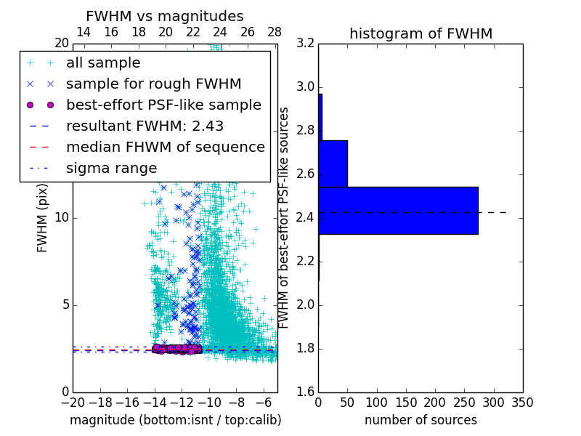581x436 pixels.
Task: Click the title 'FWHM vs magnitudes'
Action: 165,16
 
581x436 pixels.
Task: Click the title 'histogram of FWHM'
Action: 420,33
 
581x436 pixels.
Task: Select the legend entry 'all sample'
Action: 103,63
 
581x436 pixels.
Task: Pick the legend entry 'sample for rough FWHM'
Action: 153,84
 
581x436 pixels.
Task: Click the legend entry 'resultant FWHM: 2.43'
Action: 145,126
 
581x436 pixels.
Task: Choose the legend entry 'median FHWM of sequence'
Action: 165,147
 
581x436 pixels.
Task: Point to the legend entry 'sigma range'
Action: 111,168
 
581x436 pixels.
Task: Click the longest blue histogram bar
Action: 398,211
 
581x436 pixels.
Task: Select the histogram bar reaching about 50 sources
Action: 333,163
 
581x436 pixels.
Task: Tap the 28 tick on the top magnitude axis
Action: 275,32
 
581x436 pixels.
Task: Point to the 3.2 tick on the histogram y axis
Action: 305,44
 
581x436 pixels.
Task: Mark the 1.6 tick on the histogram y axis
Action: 305,392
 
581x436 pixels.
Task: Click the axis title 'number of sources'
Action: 420,420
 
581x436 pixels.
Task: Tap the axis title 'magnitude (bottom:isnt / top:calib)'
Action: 175,420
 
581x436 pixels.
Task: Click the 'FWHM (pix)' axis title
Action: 43,218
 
